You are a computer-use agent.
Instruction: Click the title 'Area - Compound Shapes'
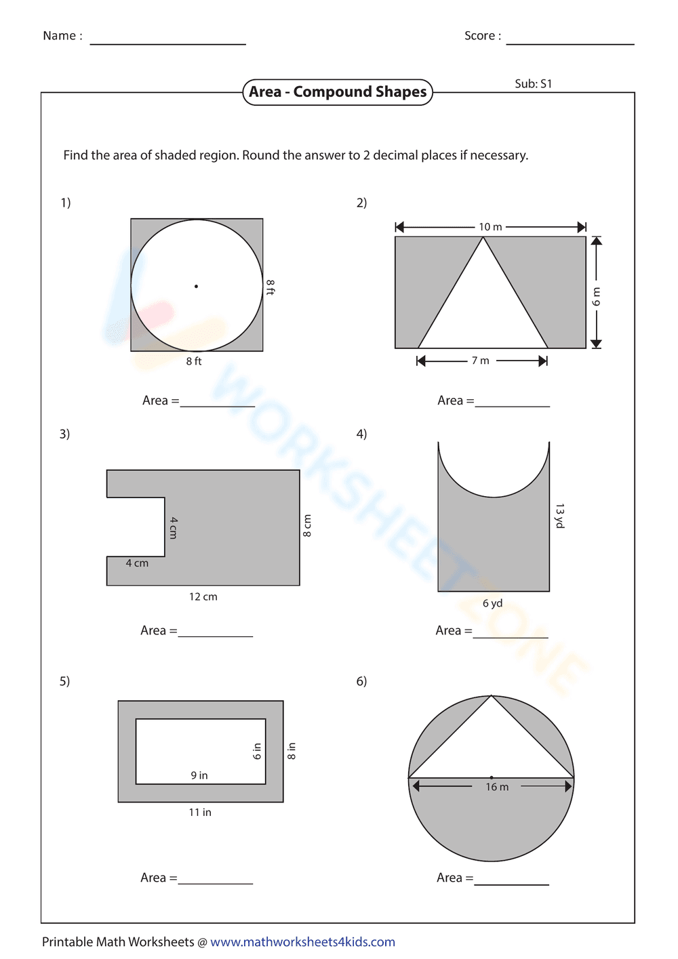tap(337, 92)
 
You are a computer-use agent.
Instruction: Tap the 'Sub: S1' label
tap(533, 84)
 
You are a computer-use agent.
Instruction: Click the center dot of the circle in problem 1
tap(197, 286)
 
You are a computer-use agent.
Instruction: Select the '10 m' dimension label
tap(490, 227)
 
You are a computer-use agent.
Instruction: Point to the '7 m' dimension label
tap(480, 361)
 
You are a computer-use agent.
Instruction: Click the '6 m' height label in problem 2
tap(596, 296)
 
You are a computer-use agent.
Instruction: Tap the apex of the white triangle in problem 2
tap(483, 238)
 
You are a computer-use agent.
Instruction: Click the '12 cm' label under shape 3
tap(203, 596)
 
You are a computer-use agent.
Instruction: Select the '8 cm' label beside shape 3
tap(307, 525)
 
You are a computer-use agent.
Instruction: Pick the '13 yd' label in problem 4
tap(559, 516)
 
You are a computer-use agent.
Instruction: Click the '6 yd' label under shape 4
tap(492, 603)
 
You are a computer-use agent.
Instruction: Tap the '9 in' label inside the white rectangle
tap(199, 775)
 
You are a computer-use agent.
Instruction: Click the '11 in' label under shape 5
tap(200, 812)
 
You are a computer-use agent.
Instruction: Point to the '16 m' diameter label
tap(496, 787)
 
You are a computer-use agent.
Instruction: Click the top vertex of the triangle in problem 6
tap(491, 696)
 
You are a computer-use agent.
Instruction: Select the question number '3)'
tap(64, 434)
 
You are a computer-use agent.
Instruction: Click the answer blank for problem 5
tap(215, 878)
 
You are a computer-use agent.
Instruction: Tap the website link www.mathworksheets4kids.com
tap(302, 942)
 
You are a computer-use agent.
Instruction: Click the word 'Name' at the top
tap(59, 36)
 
